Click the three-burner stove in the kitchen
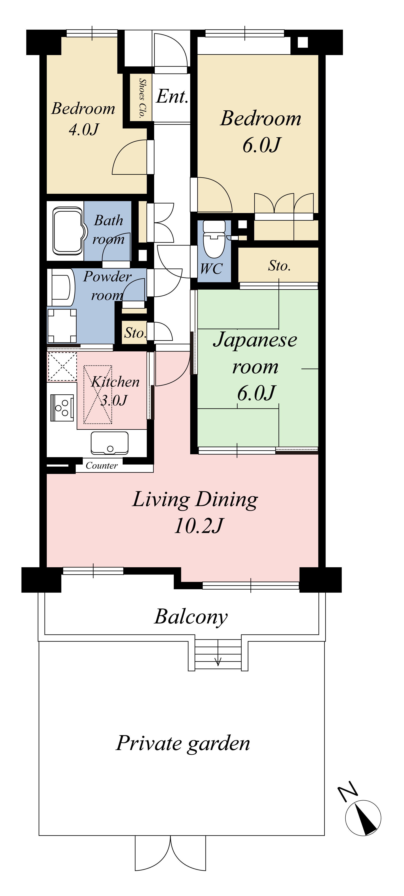[62, 408]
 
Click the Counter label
[102, 465]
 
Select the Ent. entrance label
[172, 96]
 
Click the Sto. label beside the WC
[279, 266]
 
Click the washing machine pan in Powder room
[62, 326]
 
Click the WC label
[211, 269]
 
